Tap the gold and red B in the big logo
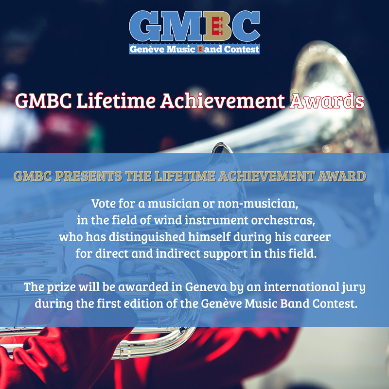point(217,26)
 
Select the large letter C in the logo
point(246,26)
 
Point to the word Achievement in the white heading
point(223,101)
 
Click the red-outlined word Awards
point(327,101)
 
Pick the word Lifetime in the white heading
point(116,101)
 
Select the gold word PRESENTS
point(88,176)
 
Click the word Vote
point(104,203)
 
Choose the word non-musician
point(258,204)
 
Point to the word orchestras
point(283,220)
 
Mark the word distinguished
point(147,237)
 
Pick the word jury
point(354,287)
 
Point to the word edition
point(143,303)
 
